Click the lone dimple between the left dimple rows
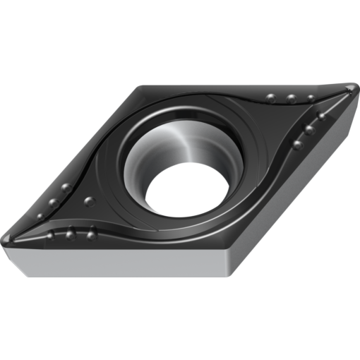[x=88, y=202]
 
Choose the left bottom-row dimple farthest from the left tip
[x=92, y=230]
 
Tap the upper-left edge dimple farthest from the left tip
[x=66, y=188]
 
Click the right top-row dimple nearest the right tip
[x=310, y=98]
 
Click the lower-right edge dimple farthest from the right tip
[x=296, y=144]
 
